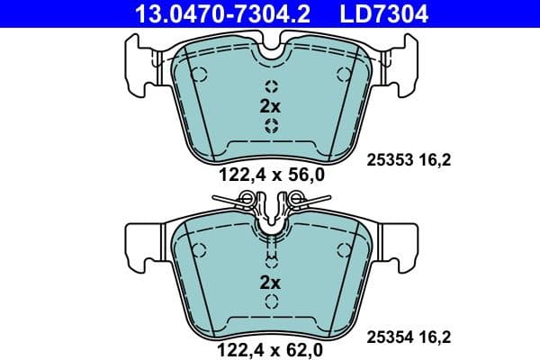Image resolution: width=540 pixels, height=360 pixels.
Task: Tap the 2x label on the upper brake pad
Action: pos(270,105)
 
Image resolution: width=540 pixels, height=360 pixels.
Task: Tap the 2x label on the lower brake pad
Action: pos(270,283)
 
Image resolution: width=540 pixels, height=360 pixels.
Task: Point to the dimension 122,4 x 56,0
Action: pos(270,176)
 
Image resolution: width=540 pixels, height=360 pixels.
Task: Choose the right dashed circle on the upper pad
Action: pos(339,74)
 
